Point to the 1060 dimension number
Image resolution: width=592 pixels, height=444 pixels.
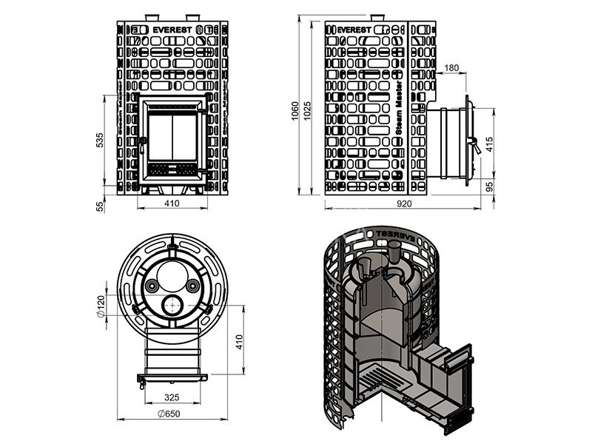click(x=294, y=111)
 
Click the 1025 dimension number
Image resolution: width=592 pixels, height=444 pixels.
click(x=308, y=111)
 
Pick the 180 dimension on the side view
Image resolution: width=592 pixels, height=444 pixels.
click(x=451, y=69)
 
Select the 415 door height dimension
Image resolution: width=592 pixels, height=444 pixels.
click(x=489, y=144)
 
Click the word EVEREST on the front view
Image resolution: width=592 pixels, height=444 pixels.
click(x=172, y=30)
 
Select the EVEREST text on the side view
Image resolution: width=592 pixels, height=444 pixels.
click(x=355, y=30)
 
